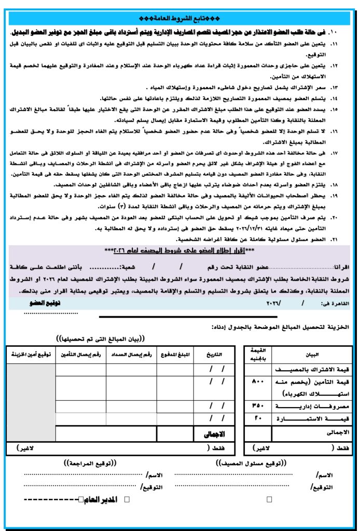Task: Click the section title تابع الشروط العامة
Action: point(179,19)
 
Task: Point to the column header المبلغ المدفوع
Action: point(176,355)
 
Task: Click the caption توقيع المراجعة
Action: point(90,462)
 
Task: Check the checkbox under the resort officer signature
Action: point(269,499)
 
